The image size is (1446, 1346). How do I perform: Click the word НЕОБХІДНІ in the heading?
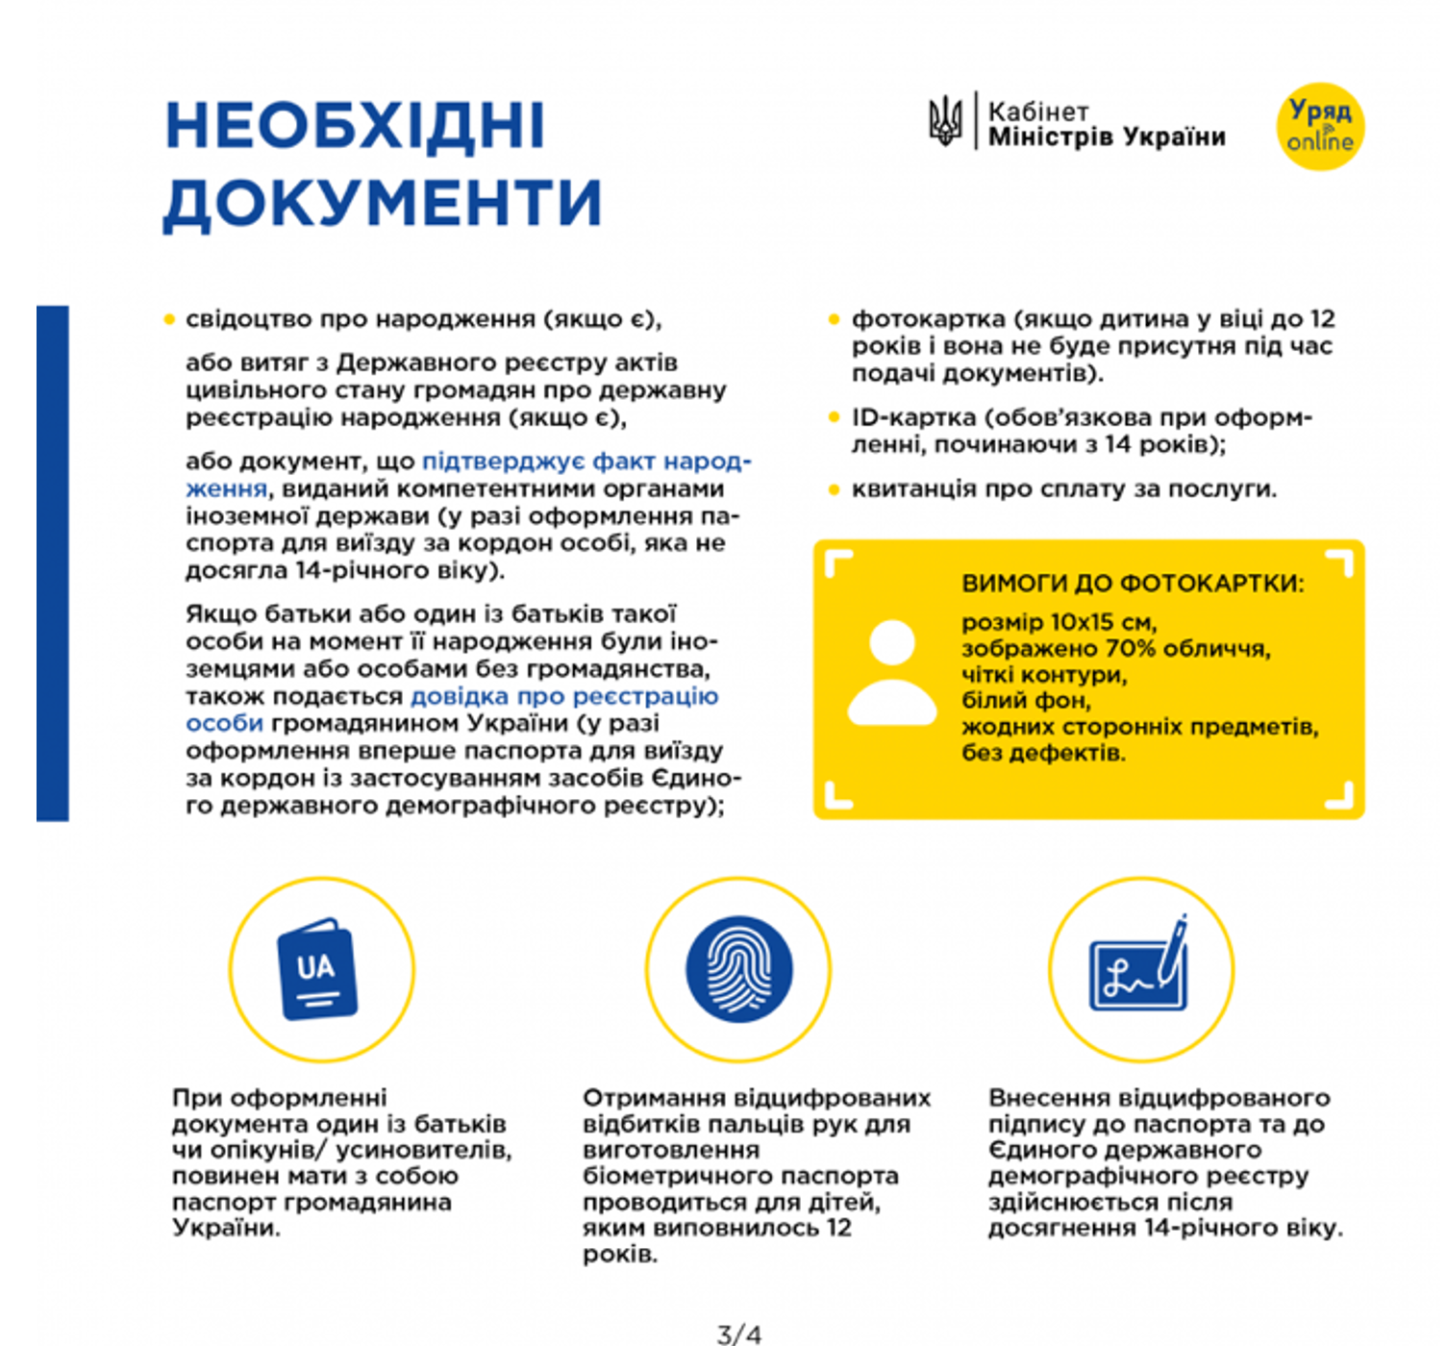point(355,126)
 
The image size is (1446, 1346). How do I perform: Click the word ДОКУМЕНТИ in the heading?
point(383,203)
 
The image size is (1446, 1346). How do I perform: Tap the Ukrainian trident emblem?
point(945,122)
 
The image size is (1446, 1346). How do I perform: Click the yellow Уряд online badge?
point(1320,127)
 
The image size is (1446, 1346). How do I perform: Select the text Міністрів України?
point(1107,137)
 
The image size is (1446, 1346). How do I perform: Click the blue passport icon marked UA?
point(317,969)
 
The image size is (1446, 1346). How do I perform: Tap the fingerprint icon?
point(738,968)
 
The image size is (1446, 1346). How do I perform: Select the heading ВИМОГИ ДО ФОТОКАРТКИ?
point(1133,584)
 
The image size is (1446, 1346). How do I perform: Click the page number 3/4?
point(738,1334)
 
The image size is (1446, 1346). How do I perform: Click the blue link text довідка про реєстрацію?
point(564,696)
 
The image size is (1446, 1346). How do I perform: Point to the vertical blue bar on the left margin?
point(53,563)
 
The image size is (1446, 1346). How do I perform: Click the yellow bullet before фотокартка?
point(834,319)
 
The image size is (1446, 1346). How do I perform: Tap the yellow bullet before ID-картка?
point(834,417)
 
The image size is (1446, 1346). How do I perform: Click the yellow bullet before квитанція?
point(834,489)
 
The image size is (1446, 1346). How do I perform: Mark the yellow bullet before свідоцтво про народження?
point(170,319)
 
